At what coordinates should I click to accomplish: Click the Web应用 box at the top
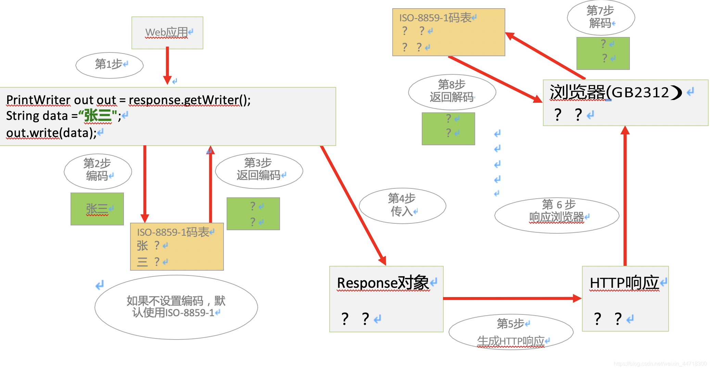167,33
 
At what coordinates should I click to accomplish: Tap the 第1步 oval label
109,65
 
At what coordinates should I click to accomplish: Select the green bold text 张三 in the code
98,115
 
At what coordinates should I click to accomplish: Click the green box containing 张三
97,209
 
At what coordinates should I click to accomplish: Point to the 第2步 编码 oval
98,171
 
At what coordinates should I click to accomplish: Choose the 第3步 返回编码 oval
259,170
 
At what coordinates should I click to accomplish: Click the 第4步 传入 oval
402,205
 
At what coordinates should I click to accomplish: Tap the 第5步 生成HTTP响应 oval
511,332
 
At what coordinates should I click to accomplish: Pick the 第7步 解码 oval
601,17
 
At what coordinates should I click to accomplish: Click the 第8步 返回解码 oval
452,91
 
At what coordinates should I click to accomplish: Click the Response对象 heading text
383,283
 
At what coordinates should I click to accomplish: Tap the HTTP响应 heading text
624,283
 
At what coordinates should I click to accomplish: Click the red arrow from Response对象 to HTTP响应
512,298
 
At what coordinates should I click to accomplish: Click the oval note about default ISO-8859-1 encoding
176,307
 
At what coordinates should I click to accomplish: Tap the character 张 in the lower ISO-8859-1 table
142,246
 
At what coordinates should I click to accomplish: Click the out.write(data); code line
51,133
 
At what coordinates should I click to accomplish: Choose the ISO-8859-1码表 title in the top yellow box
435,18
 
